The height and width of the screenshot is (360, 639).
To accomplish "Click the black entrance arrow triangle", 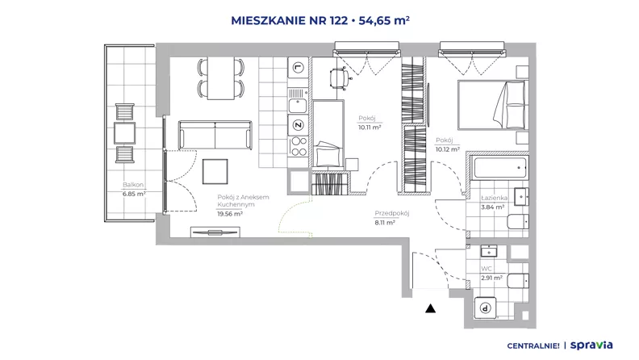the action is pyautogui.click(x=430, y=308).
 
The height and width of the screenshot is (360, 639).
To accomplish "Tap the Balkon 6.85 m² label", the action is pyautogui.click(x=134, y=190).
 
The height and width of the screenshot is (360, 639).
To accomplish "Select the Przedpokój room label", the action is pyautogui.click(x=391, y=213).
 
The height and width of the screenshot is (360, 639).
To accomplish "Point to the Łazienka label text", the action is pyautogui.click(x=495, y=198).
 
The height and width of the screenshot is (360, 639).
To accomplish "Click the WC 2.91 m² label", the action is pyautogui.click(x=492, y=273).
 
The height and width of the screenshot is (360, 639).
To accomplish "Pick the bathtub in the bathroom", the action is pyautogui.click(x=500, y=168).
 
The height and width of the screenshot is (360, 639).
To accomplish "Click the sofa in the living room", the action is pyautogui.click(x=215, y=135).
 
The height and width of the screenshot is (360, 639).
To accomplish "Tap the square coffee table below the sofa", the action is pyautogui.click(x=215, y=172).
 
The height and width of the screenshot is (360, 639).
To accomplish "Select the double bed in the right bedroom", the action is pyautogui.click(x=493, y=105).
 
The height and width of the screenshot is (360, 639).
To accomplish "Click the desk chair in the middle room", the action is pyautogui.click(x=340, y=77).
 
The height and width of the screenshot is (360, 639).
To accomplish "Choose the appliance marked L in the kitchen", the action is pyautogui.click(x=299, y=67).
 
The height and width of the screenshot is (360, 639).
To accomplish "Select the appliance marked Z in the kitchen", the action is pyautogui.click(x=299, y=125).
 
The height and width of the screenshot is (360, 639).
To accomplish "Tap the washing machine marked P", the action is pyautogui.click(x=486, y=308).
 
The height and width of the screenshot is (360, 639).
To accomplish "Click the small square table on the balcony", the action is pyautogui.click(x=124, y=133).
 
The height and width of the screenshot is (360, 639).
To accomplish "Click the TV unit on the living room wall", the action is pyautogui.click(x=215, y=232).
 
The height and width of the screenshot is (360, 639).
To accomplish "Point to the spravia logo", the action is pyautogui.click(x=591, y=345).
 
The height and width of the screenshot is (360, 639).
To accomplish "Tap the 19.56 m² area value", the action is pyautogui.click(x=230, y=214).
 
